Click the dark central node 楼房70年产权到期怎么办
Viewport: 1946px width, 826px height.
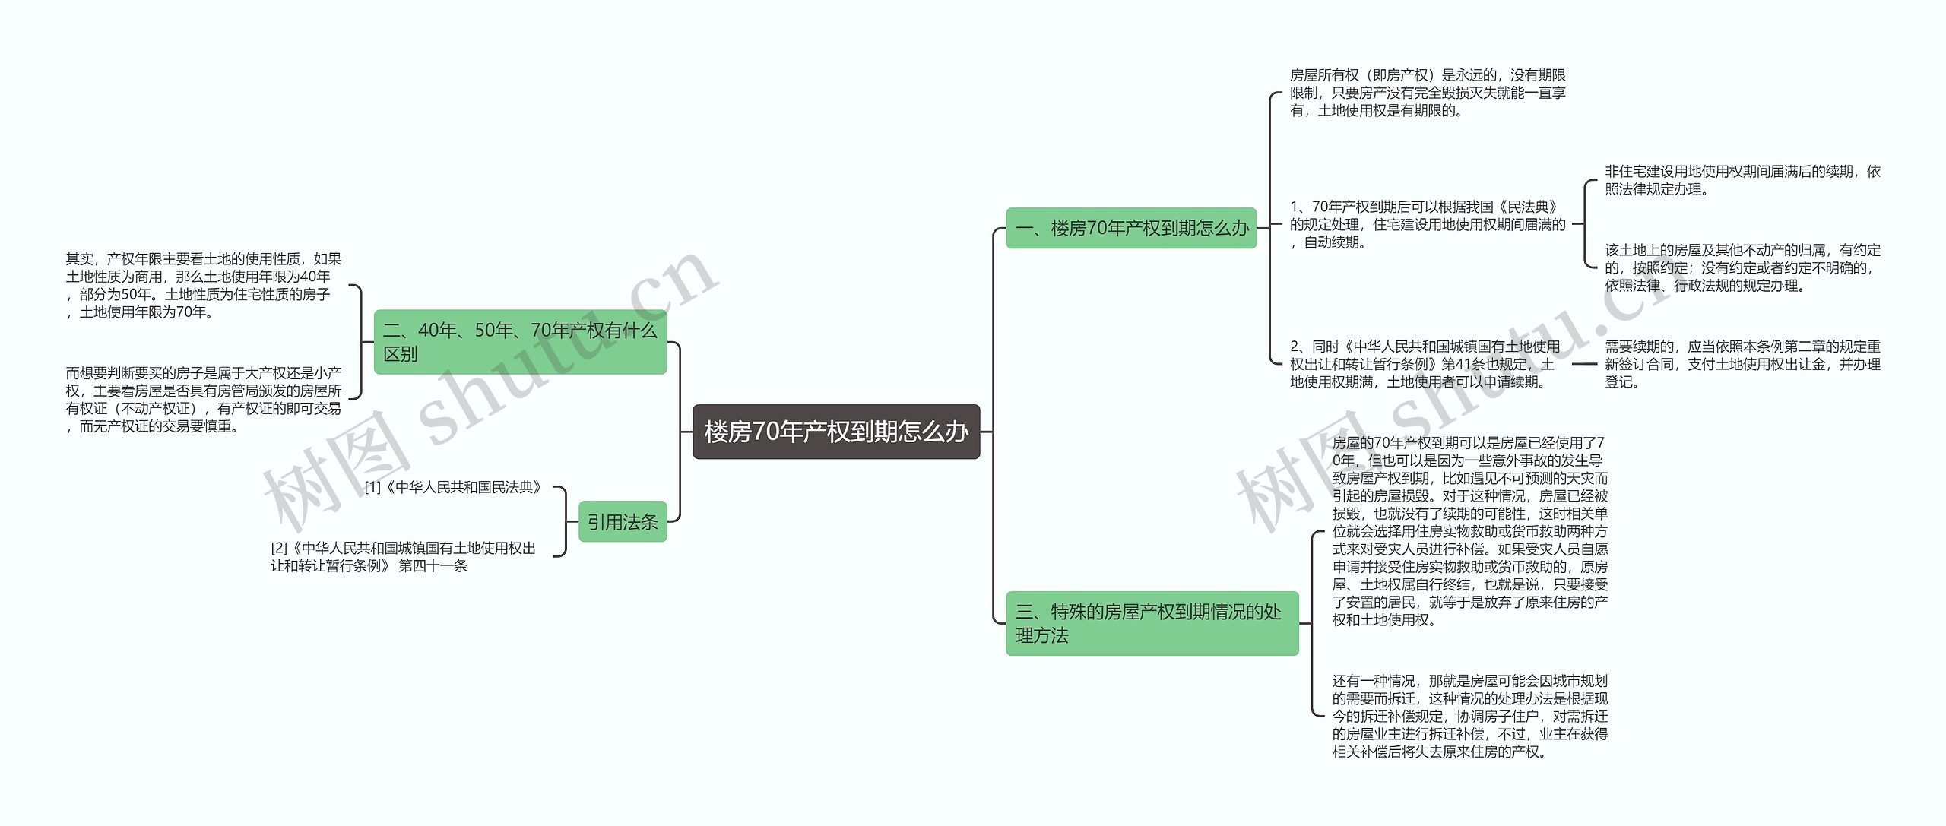coord(836,432)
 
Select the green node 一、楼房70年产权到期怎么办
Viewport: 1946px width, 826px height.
coord(1131,228)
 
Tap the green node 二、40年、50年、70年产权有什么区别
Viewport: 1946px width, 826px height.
coord(520,342)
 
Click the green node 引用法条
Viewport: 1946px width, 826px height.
coord(623,522)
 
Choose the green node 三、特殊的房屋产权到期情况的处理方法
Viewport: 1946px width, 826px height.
coord(1152,623)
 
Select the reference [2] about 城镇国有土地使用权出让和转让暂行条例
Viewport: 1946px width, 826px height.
coord(404,557)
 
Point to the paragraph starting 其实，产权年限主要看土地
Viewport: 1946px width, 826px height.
coord(204,286)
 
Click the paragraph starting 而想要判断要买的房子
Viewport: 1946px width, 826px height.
coord(204,400)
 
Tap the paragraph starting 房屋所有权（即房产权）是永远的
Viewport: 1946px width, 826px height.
coord(1428,93)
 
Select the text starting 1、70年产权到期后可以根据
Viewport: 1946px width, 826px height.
coord(1428,224)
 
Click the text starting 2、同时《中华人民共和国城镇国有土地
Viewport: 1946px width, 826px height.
coord(1425,364)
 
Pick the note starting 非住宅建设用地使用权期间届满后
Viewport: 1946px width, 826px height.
coord(1742,180)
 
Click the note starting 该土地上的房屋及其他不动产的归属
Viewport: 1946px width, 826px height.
coord(1742,267)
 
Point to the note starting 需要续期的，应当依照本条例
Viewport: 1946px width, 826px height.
coord(1742,364)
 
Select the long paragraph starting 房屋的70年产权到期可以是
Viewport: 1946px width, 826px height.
coord(1470,531)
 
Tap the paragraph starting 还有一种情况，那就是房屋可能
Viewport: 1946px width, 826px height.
coord(1470,716)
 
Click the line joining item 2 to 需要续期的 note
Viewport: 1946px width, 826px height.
coord(1584,364)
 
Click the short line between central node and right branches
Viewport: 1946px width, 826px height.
coord(987,432)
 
